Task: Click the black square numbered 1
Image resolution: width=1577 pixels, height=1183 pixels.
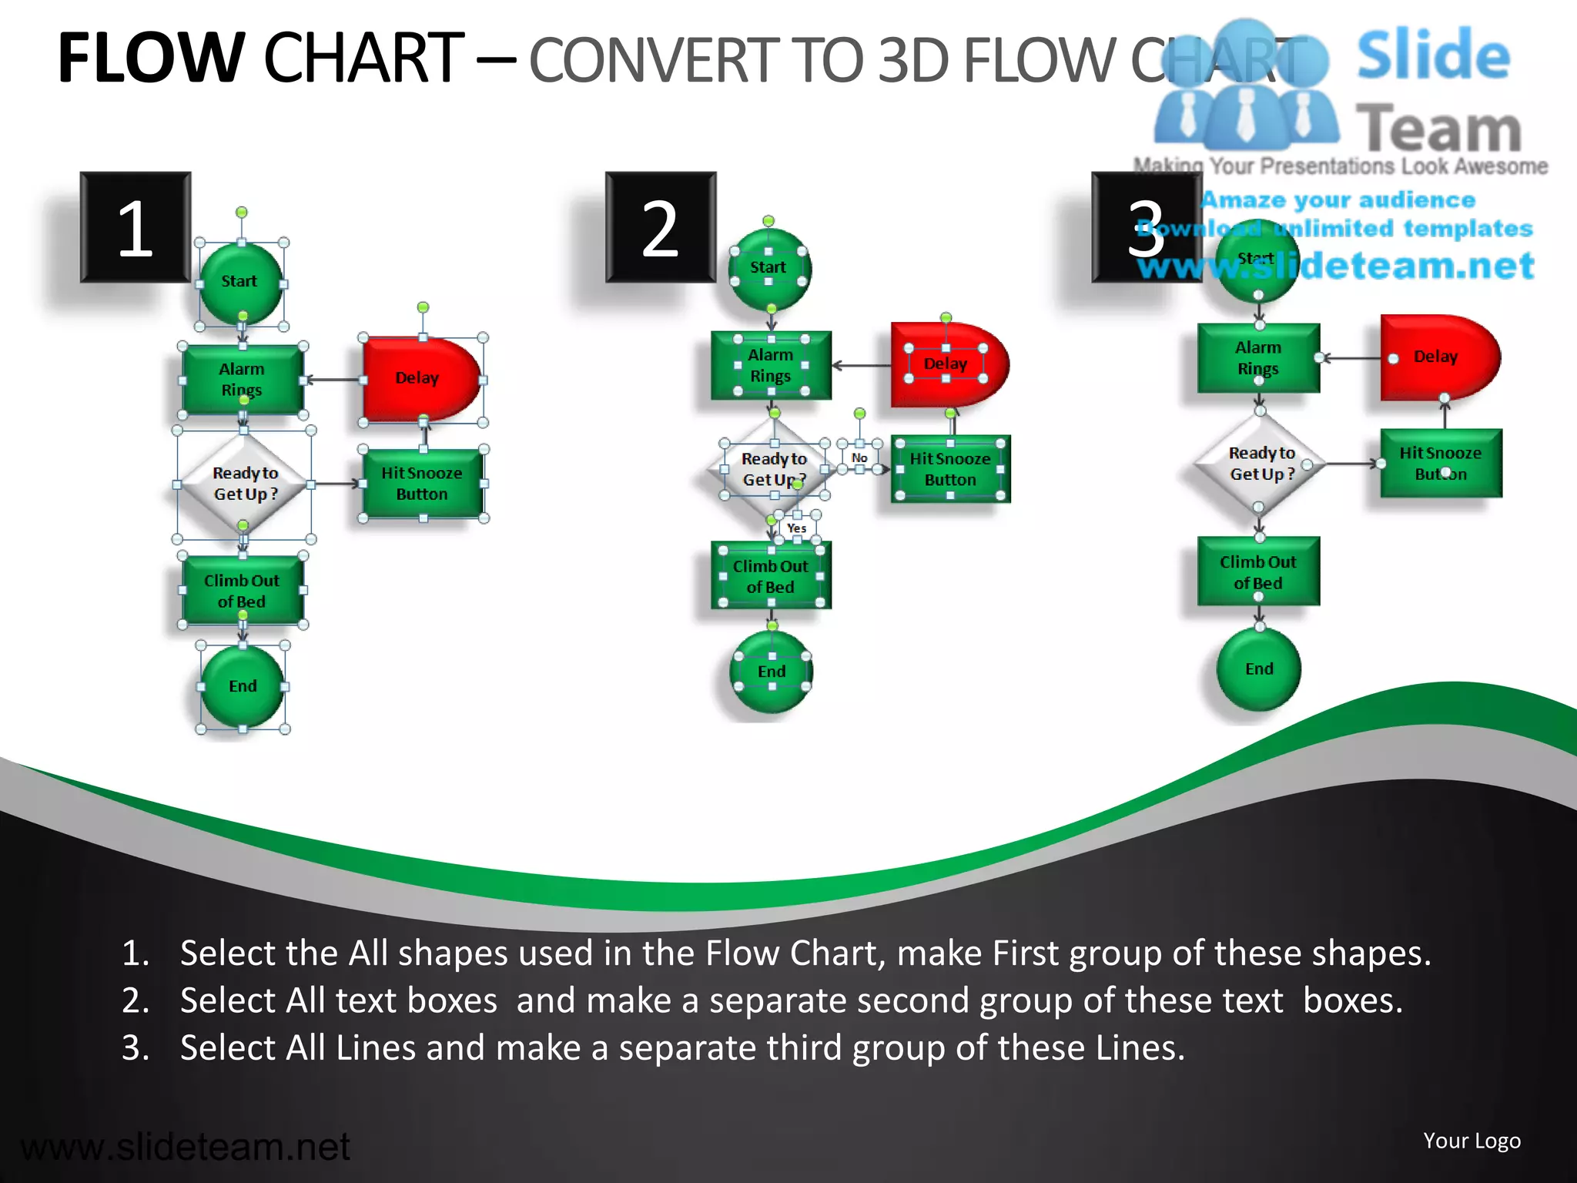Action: (x=136, y=227)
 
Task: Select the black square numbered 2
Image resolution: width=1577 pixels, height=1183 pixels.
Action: (x=661, y=227)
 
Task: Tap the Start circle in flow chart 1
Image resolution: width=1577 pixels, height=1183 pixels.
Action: (x=240, y=282)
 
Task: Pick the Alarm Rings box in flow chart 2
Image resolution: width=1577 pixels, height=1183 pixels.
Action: (x=771, y=365)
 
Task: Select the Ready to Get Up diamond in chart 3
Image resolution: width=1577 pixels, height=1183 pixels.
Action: (x=1261, y=464)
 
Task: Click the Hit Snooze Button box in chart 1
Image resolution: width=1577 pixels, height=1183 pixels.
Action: (x=422, y=484)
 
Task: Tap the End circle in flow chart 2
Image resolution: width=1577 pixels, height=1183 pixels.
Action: (x=772, y=672)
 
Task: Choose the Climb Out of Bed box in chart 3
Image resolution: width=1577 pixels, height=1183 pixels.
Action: (x=1258, y=572)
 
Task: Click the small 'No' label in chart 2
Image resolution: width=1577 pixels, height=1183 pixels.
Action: (x=859, y=457)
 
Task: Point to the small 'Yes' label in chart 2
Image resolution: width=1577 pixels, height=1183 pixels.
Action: (x=796, y=528)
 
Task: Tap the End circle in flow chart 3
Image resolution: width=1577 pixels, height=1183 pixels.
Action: (x=1259, y=669)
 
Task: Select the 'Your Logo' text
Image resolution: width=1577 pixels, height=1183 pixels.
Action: (x=1472, y=1141)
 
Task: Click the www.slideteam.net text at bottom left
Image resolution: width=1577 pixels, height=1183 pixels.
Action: (x=185, y=1147)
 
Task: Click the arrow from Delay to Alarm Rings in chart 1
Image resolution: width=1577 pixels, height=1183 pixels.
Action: (x=334, y=380)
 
